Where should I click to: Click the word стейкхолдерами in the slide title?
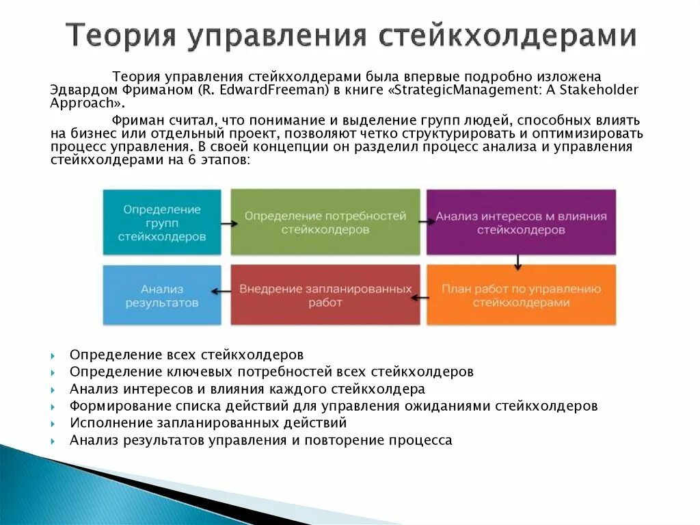505,36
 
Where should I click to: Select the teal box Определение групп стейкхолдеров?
162,222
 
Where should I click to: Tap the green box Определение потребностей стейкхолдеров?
325,222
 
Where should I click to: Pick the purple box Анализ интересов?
521,222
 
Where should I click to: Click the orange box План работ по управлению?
521,295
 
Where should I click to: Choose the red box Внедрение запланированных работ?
325,295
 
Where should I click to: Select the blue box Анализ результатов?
162,295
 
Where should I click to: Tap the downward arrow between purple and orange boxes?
518,261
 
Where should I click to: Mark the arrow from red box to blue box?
221,291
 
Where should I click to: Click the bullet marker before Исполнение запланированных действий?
53,424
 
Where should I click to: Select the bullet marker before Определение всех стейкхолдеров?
53,356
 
